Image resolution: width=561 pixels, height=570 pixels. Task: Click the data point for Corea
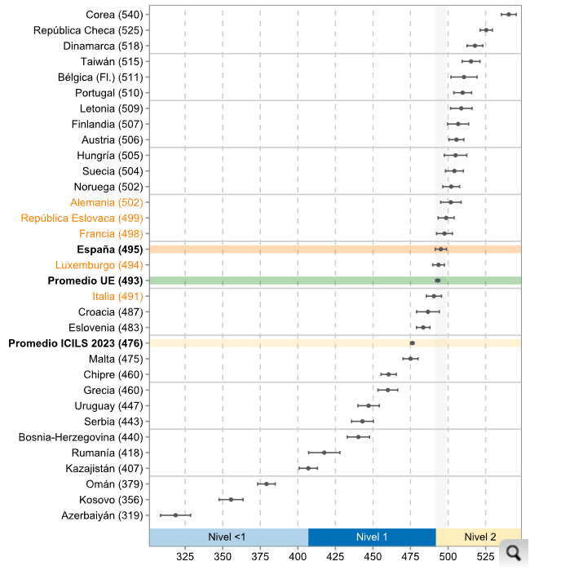pyautogui.click(x=509, y=14)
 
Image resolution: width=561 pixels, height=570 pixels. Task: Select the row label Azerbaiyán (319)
pyautogui.click(x=102, y=515)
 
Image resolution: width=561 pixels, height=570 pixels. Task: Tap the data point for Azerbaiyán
pyautogui.click(x=176, y=515)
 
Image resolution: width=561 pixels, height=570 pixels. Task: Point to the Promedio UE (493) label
pyautogui.click(x=95, y=281)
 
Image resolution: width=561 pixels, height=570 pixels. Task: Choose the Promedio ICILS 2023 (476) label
pyautogui.click(x=76, y=343)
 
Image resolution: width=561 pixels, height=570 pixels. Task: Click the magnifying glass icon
pyautogui.click(x=513, y=553)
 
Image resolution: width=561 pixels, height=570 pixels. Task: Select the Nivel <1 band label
pyautogui.click(x=228, y=537)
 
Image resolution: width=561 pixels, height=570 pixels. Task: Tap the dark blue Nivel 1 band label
pyautogui.click(x=372, y=537)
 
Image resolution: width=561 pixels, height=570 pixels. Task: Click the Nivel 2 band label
pyautogui.click(x=479, y=537)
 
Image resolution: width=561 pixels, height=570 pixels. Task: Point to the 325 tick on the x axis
pyautogui.click(x=185, y=558)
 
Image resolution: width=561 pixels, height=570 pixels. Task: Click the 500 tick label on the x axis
pyautogui.click(x=448, y=558)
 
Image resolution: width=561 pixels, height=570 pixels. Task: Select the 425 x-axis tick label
pyautogui.click(x=335, y=558)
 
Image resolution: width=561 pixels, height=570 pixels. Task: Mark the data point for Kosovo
pyautogui.click(x=231, y=499)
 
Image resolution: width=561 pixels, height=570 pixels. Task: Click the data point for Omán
pyautogui.click(x=266, y=484)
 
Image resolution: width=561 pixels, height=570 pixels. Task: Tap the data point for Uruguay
pyautogui.click(x=368, y=405)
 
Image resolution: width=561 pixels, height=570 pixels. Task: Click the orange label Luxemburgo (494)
pyautogui.click(x=99, y=265)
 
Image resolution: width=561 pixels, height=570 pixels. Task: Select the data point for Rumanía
pyautogui.click(x=324, y=453)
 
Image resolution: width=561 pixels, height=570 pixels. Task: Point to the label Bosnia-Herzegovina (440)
pyautogui.click(x=81, y=437)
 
